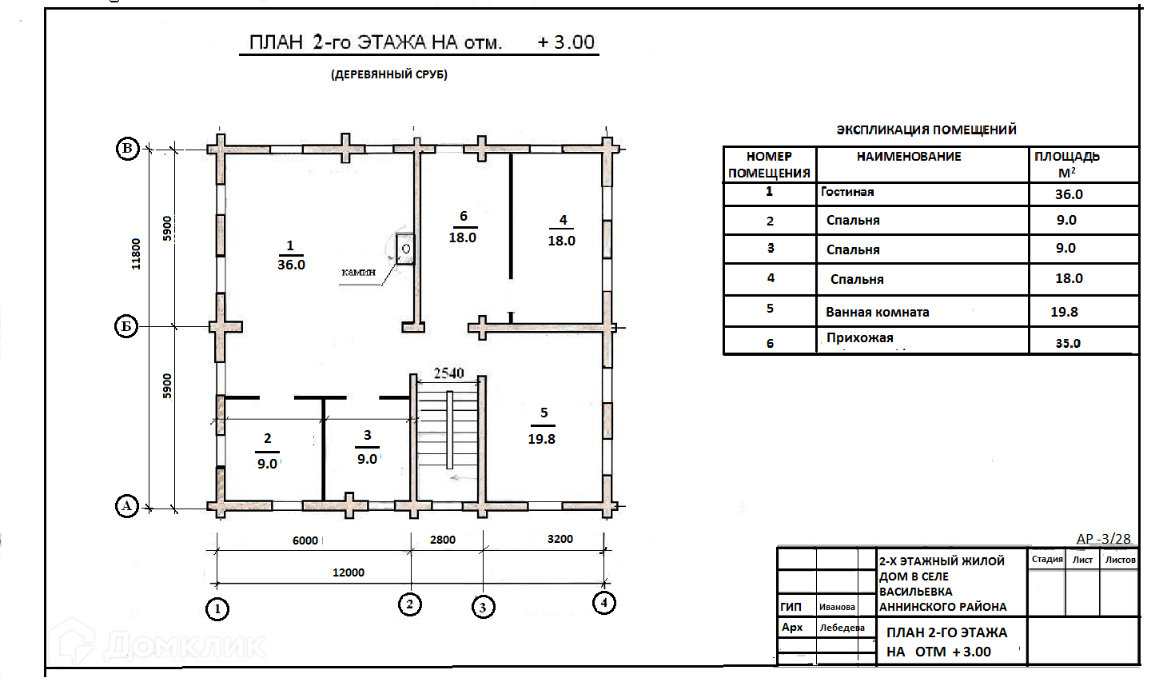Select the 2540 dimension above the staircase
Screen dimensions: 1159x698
(x=448, y=373)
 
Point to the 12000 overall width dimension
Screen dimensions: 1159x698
(x=348, y=572)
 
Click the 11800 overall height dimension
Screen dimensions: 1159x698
(x=136, y=253)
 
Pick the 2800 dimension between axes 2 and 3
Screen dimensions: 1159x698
(x=443, y=540)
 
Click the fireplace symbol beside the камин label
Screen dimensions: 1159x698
(x=405, y=249)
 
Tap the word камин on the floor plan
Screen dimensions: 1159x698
(x=358, y=272)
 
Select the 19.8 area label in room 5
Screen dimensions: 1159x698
(x=541, y=439)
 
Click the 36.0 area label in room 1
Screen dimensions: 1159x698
(x=291, y=265)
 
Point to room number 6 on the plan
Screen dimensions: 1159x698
(x=464, y=216)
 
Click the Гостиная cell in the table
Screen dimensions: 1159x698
(x=847, y=192)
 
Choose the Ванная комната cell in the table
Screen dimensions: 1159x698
(x=878, y=312)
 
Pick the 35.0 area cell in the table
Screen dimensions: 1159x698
(x=1068, y=343)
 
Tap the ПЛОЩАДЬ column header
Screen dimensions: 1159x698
(x=1067, y=156)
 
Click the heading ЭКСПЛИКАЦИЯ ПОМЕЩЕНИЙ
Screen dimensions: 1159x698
(x=926, y=130)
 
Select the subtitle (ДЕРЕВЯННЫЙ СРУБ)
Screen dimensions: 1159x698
(x=389, y=74)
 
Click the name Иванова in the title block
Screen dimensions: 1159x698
(x=837, y=607)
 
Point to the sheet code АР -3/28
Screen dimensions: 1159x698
(x=1104, y=539)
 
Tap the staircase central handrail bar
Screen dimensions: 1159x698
(x=450, y=430)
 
